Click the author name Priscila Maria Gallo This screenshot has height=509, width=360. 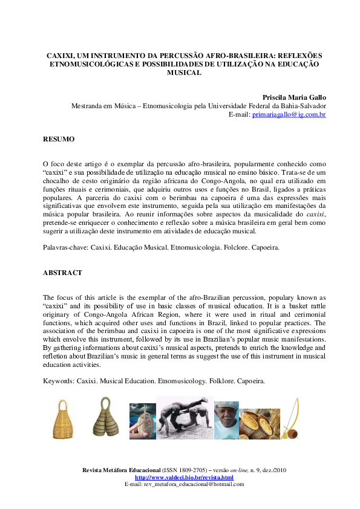[294, 97]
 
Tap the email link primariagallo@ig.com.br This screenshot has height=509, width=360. [289, 114]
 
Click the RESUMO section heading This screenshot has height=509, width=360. [59, 139]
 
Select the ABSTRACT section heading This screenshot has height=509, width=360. [62, 273]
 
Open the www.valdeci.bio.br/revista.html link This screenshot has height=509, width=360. [184, 478]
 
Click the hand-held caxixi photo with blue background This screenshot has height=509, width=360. [142, 421]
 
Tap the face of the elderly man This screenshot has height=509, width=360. [226, 417]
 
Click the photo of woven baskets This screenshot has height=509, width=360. [259, 424]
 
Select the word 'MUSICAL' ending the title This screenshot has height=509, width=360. [183, 72]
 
